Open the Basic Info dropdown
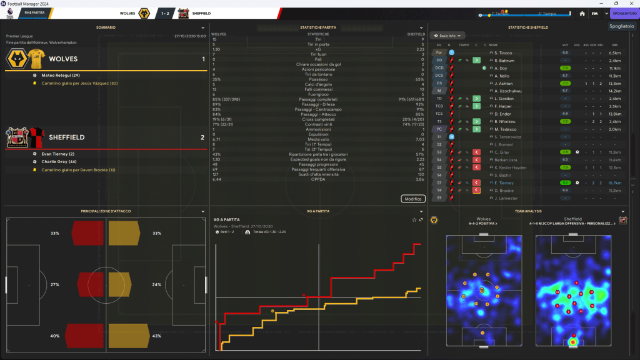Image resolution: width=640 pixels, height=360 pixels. click(448, 36)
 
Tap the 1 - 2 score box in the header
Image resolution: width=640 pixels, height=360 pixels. click(164, 12)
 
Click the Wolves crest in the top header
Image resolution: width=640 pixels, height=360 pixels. click(144, 12)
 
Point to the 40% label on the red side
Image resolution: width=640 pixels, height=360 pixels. click(55, 336)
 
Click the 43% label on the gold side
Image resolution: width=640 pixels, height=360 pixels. click(157, 336)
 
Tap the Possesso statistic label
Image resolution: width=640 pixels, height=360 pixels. click(319, 79)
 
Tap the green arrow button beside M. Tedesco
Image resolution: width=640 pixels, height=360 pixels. click(476, 129)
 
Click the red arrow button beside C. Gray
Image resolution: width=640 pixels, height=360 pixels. click(476, 152)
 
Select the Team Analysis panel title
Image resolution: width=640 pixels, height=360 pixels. click(528, 211)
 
